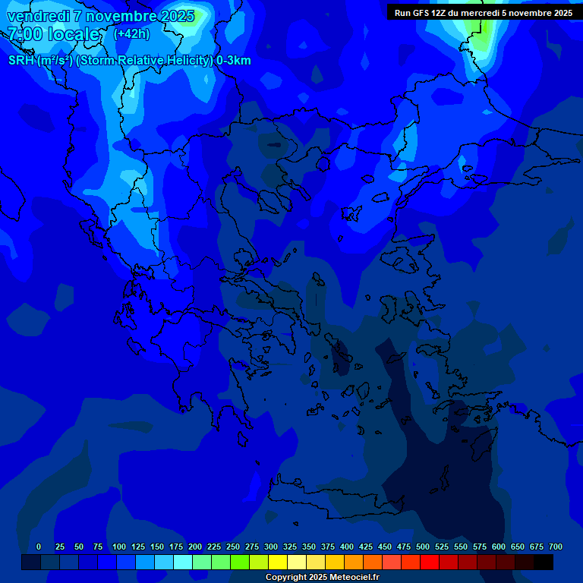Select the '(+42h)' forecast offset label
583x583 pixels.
point(131,34)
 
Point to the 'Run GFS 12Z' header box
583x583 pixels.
point(483,13)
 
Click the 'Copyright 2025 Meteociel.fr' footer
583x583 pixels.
point(322,578)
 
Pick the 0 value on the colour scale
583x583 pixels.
point(39,547)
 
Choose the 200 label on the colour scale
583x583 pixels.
point(195,547)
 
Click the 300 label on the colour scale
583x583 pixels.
point(271,547)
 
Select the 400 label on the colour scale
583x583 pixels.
point(347,547)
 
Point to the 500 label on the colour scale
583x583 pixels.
point(423,547)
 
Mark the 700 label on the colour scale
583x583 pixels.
point(556,547)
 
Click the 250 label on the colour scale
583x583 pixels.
point(233,547)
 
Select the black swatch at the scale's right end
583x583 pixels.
point(544,563)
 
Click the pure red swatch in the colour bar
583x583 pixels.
point(430,563)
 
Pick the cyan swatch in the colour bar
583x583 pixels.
point(183,563)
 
